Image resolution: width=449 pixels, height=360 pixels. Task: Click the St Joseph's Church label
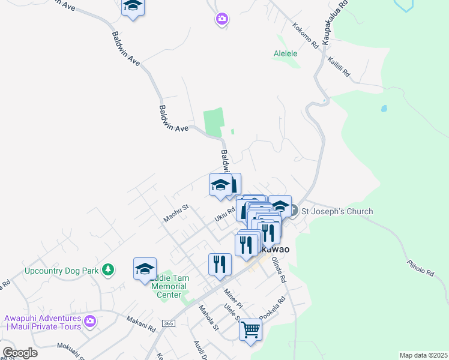pyautogui.click(x=337, y=211)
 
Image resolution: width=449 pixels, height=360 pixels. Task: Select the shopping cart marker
pyautogui.click(x=250, y=329)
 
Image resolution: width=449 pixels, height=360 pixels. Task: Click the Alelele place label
pyautogui.click(x=286, y=53)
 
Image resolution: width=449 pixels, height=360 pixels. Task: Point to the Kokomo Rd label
pyautogui.click(x=305, y=35)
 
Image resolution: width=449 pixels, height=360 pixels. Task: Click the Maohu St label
pyautogui.click(x=176, y=214)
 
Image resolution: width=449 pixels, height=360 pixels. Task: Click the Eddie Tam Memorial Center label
pyautogui.click(x=169, y=286)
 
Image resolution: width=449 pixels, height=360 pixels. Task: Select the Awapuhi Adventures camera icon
pyautogui.click(x=90, y=322)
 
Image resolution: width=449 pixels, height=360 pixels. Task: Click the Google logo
pyautogui.click(x=20, y=353)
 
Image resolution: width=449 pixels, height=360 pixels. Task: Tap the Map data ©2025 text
pyautogui.click(x=423, y=355)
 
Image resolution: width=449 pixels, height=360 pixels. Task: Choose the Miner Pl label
pyautogui.click(x=232, y=296)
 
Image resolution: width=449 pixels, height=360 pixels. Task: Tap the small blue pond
pyautogui.click(x=384, y=110)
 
